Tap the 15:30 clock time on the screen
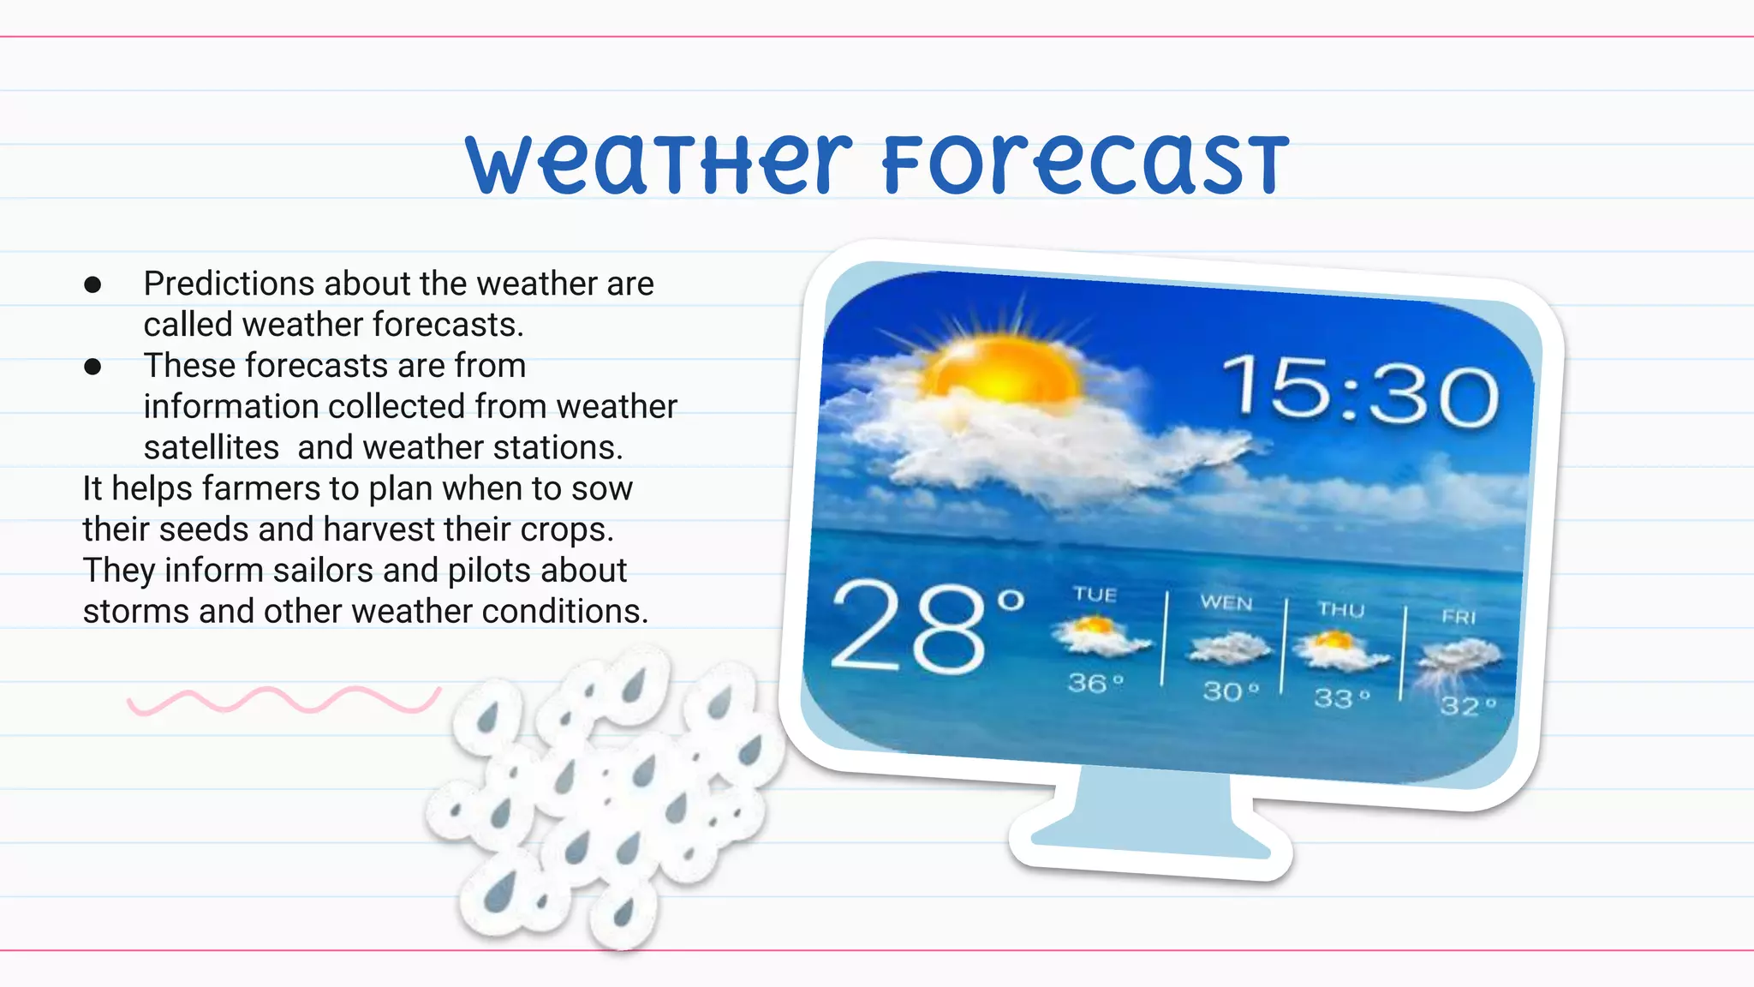(x=1360, y=393)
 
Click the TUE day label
(x=1095, y=595)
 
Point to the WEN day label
(x=1226, y=603)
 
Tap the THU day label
(x=1341, y=610)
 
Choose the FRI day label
(x=1459, y=617)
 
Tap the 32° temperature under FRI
(x=1468, y=706)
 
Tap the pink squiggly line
(x=283, y=700)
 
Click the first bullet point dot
(x=93, y=284)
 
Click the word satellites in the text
(x=212, y=448)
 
